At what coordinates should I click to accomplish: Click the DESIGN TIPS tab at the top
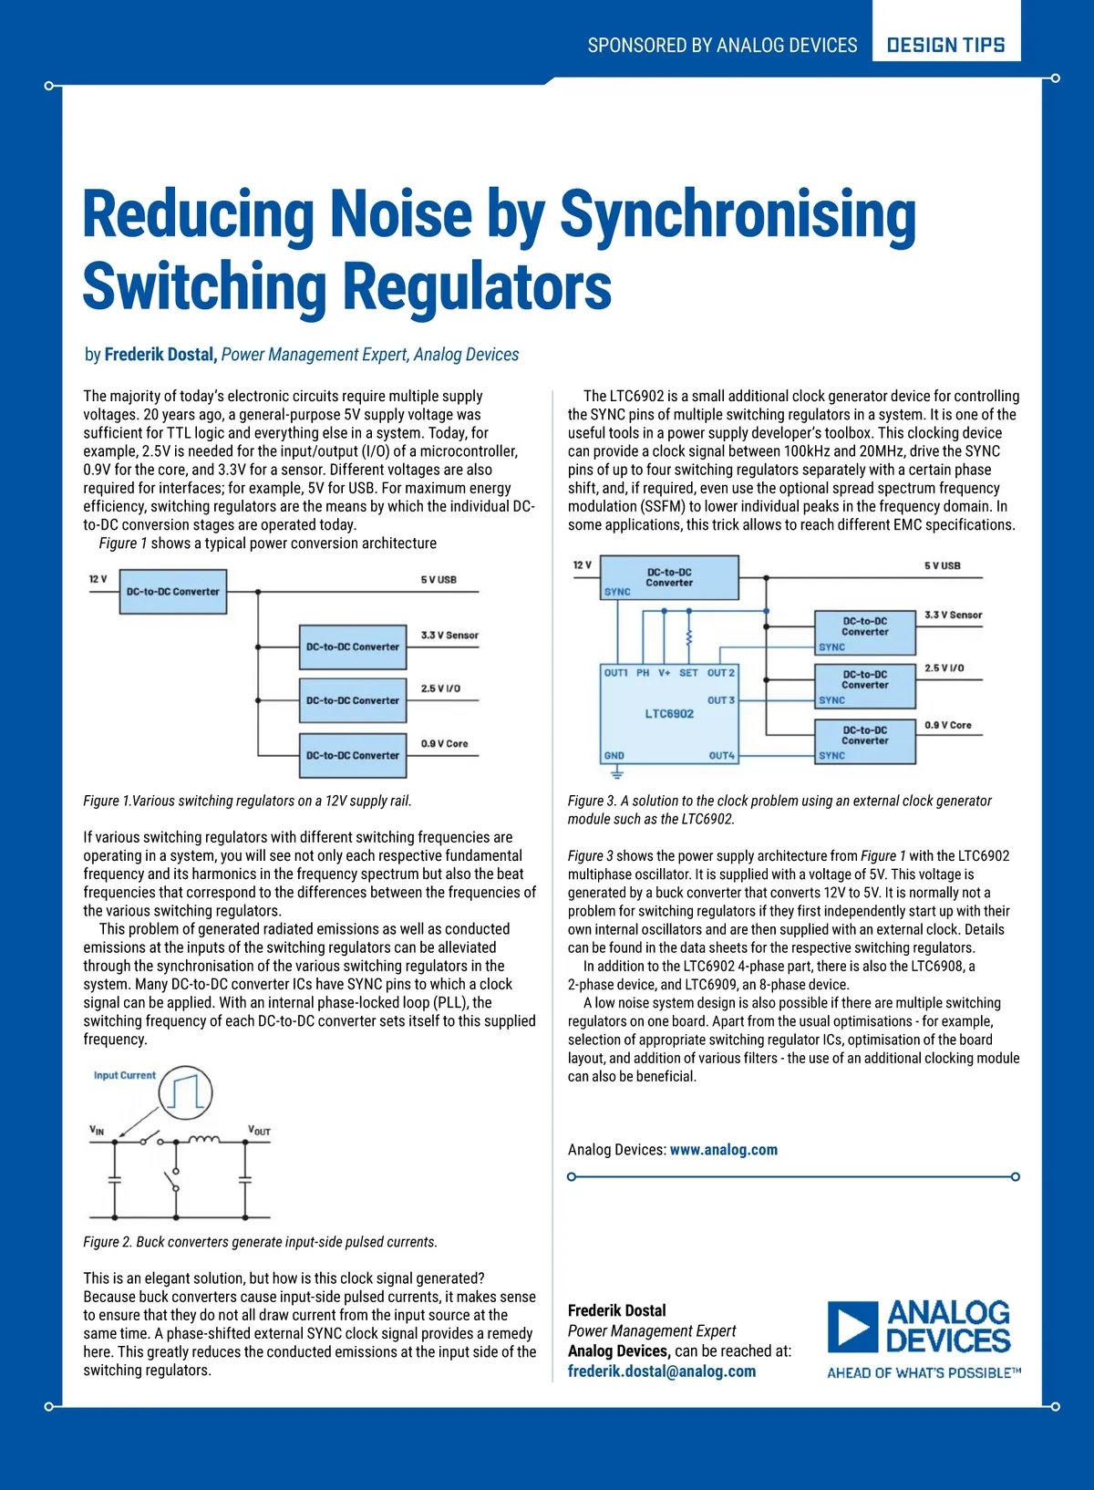coord(945,45)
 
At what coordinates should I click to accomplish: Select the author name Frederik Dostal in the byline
coord(160,355)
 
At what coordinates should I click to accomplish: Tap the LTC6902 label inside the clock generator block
coord(669,714)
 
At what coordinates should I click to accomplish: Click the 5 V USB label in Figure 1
coord(439,580)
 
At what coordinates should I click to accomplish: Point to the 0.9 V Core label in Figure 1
coord(444,744)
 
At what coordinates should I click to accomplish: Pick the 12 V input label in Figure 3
coord(582,565)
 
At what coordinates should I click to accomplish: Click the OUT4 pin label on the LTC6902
coord(721,756)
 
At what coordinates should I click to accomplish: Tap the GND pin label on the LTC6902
coord(614,756)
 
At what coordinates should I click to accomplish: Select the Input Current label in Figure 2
coord(125,1076)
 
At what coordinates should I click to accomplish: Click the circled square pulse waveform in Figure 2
coord(186,1092)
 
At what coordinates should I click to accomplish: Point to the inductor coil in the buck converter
coord(203,1139)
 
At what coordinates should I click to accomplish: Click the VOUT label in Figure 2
coord(259,1131)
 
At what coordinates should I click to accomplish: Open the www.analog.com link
coord(724,1150)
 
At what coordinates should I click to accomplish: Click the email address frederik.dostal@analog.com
coord(662,1371)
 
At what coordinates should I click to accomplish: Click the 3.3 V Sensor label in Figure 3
coord(953,616)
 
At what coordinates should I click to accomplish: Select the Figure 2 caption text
coord(260,1242)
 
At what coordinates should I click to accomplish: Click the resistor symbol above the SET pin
coord(688,636)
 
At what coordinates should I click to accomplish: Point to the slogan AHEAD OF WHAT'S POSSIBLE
coord(924,1373)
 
